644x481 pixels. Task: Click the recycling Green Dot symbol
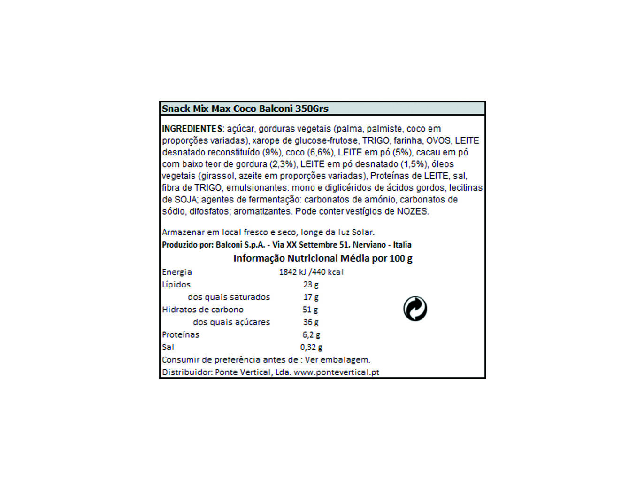point(415,309)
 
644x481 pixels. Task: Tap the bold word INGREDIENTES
point(192,129)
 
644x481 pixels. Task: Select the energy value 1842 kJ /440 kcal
point(311,272)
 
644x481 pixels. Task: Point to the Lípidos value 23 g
point(311,285)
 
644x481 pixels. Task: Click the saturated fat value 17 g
point(311,297)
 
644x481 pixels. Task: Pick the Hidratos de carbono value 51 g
point(310,310)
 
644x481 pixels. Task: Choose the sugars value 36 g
point(311,322)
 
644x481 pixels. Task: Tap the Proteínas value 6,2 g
point(311,335)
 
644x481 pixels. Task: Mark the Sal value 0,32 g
point(311,348)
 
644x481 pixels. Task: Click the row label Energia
point(177,272)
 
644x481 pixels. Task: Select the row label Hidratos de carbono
point(203,310)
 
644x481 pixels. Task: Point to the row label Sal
point(168,348)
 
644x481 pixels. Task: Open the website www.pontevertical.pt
point(337,372)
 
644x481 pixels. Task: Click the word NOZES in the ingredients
point(412,211)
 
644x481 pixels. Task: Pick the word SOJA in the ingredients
point(185,200)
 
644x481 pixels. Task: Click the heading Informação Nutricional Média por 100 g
point(322,258)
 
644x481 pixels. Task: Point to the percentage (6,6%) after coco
point(321,152)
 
